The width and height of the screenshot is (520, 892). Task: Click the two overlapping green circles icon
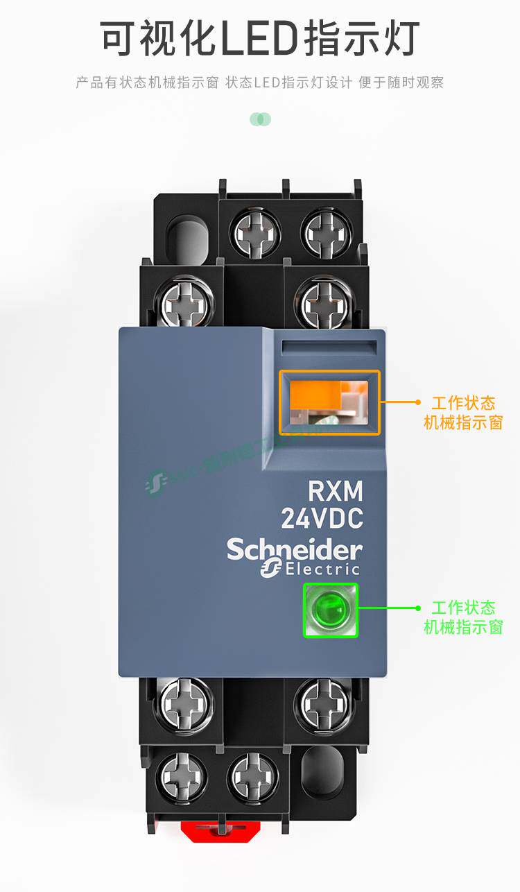[x=260, y=119]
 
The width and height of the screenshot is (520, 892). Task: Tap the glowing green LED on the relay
[x=330, y=610]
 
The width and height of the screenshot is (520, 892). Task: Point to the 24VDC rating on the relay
[x=322, y=517]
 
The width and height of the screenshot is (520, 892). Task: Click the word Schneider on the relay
[x=295, y=550]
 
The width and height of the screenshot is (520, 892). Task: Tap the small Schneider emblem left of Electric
[x=270, y=569]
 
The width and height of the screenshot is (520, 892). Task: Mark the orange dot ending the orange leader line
[x=417, y=402]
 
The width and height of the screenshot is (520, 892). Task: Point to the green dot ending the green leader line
[x=417, y=608]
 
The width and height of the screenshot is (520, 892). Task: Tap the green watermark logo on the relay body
[x=155, y=481]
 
